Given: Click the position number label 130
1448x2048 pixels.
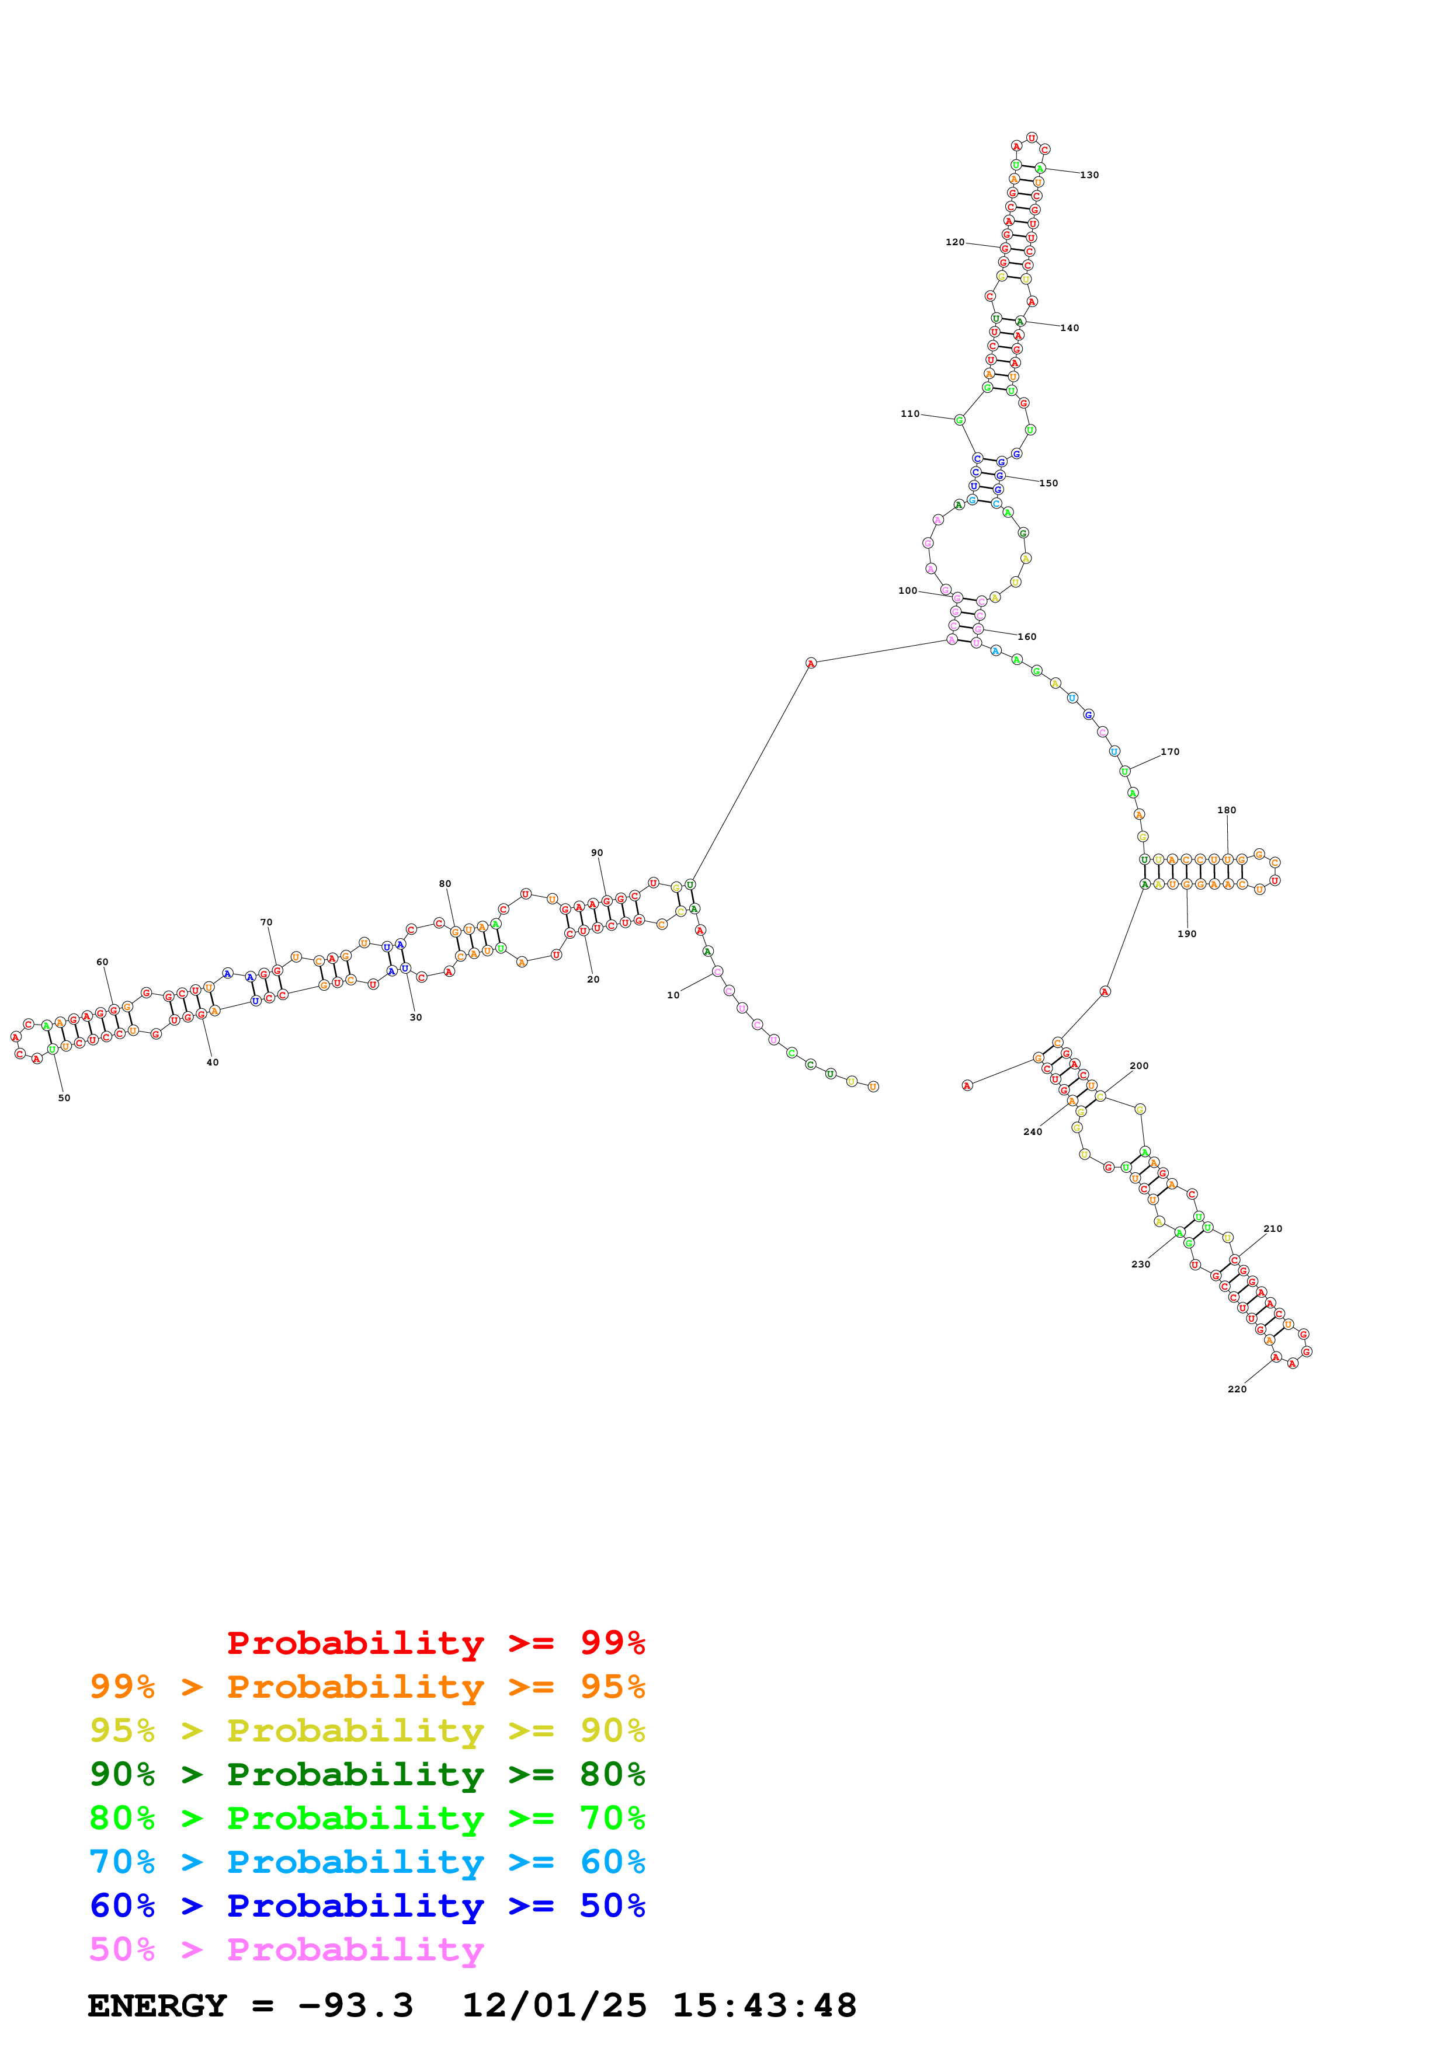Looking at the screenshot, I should [x=1089, y=175].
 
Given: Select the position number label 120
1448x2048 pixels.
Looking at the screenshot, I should [x=954, y=242].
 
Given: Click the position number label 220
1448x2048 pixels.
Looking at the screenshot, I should [x=1237, y=1389].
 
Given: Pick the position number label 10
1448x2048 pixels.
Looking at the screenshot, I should [x=673, y=995].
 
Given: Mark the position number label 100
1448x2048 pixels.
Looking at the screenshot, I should [x=907, y=590].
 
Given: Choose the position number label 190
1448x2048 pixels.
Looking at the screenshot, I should [x=1186, y=934].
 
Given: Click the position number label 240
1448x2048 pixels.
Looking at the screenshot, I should [x=1032, y=1132].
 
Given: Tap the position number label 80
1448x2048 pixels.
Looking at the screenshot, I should [x=445, y=883].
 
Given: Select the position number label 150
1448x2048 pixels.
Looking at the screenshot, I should [x=1048, y=483].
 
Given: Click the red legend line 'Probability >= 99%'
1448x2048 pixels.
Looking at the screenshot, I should [x=435, y=1642].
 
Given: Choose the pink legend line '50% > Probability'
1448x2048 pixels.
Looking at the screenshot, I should [x=286, y=1949].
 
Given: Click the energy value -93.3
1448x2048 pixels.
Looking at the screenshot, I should [x=355, y=2006].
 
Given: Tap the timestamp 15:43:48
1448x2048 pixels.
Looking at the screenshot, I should [x=763, y=2006].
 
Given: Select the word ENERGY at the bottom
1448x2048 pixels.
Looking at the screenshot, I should [x=157, y=2006].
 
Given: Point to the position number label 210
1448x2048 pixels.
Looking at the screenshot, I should [x=1272, y=1228].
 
